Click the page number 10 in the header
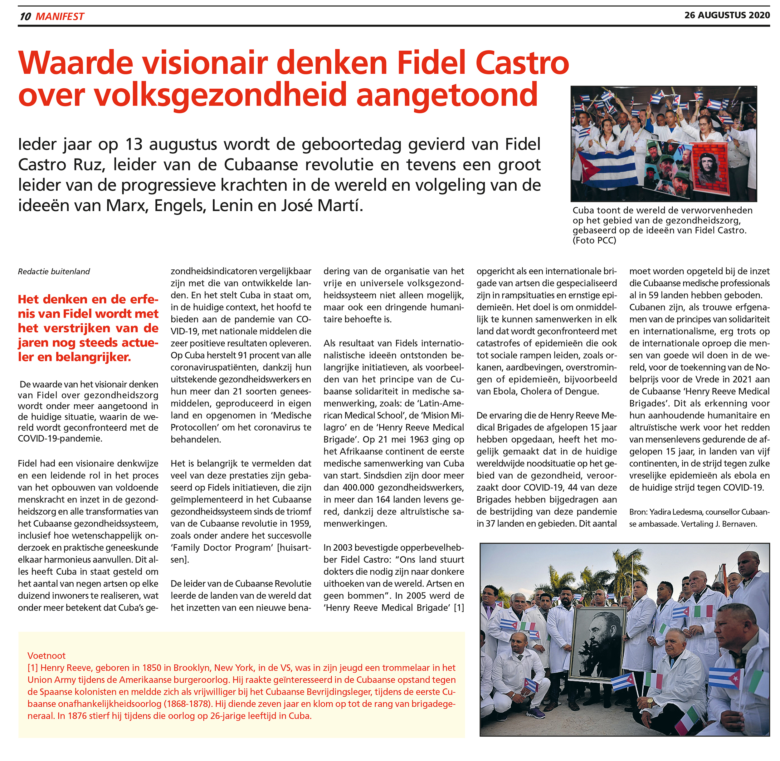click(x=25, y=16)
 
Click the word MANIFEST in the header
click(x=60, y=16)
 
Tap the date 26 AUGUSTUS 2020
click(x=727, y=15)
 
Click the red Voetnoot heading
click(x=46, y=655)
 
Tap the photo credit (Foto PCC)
click(x=594, y=240)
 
